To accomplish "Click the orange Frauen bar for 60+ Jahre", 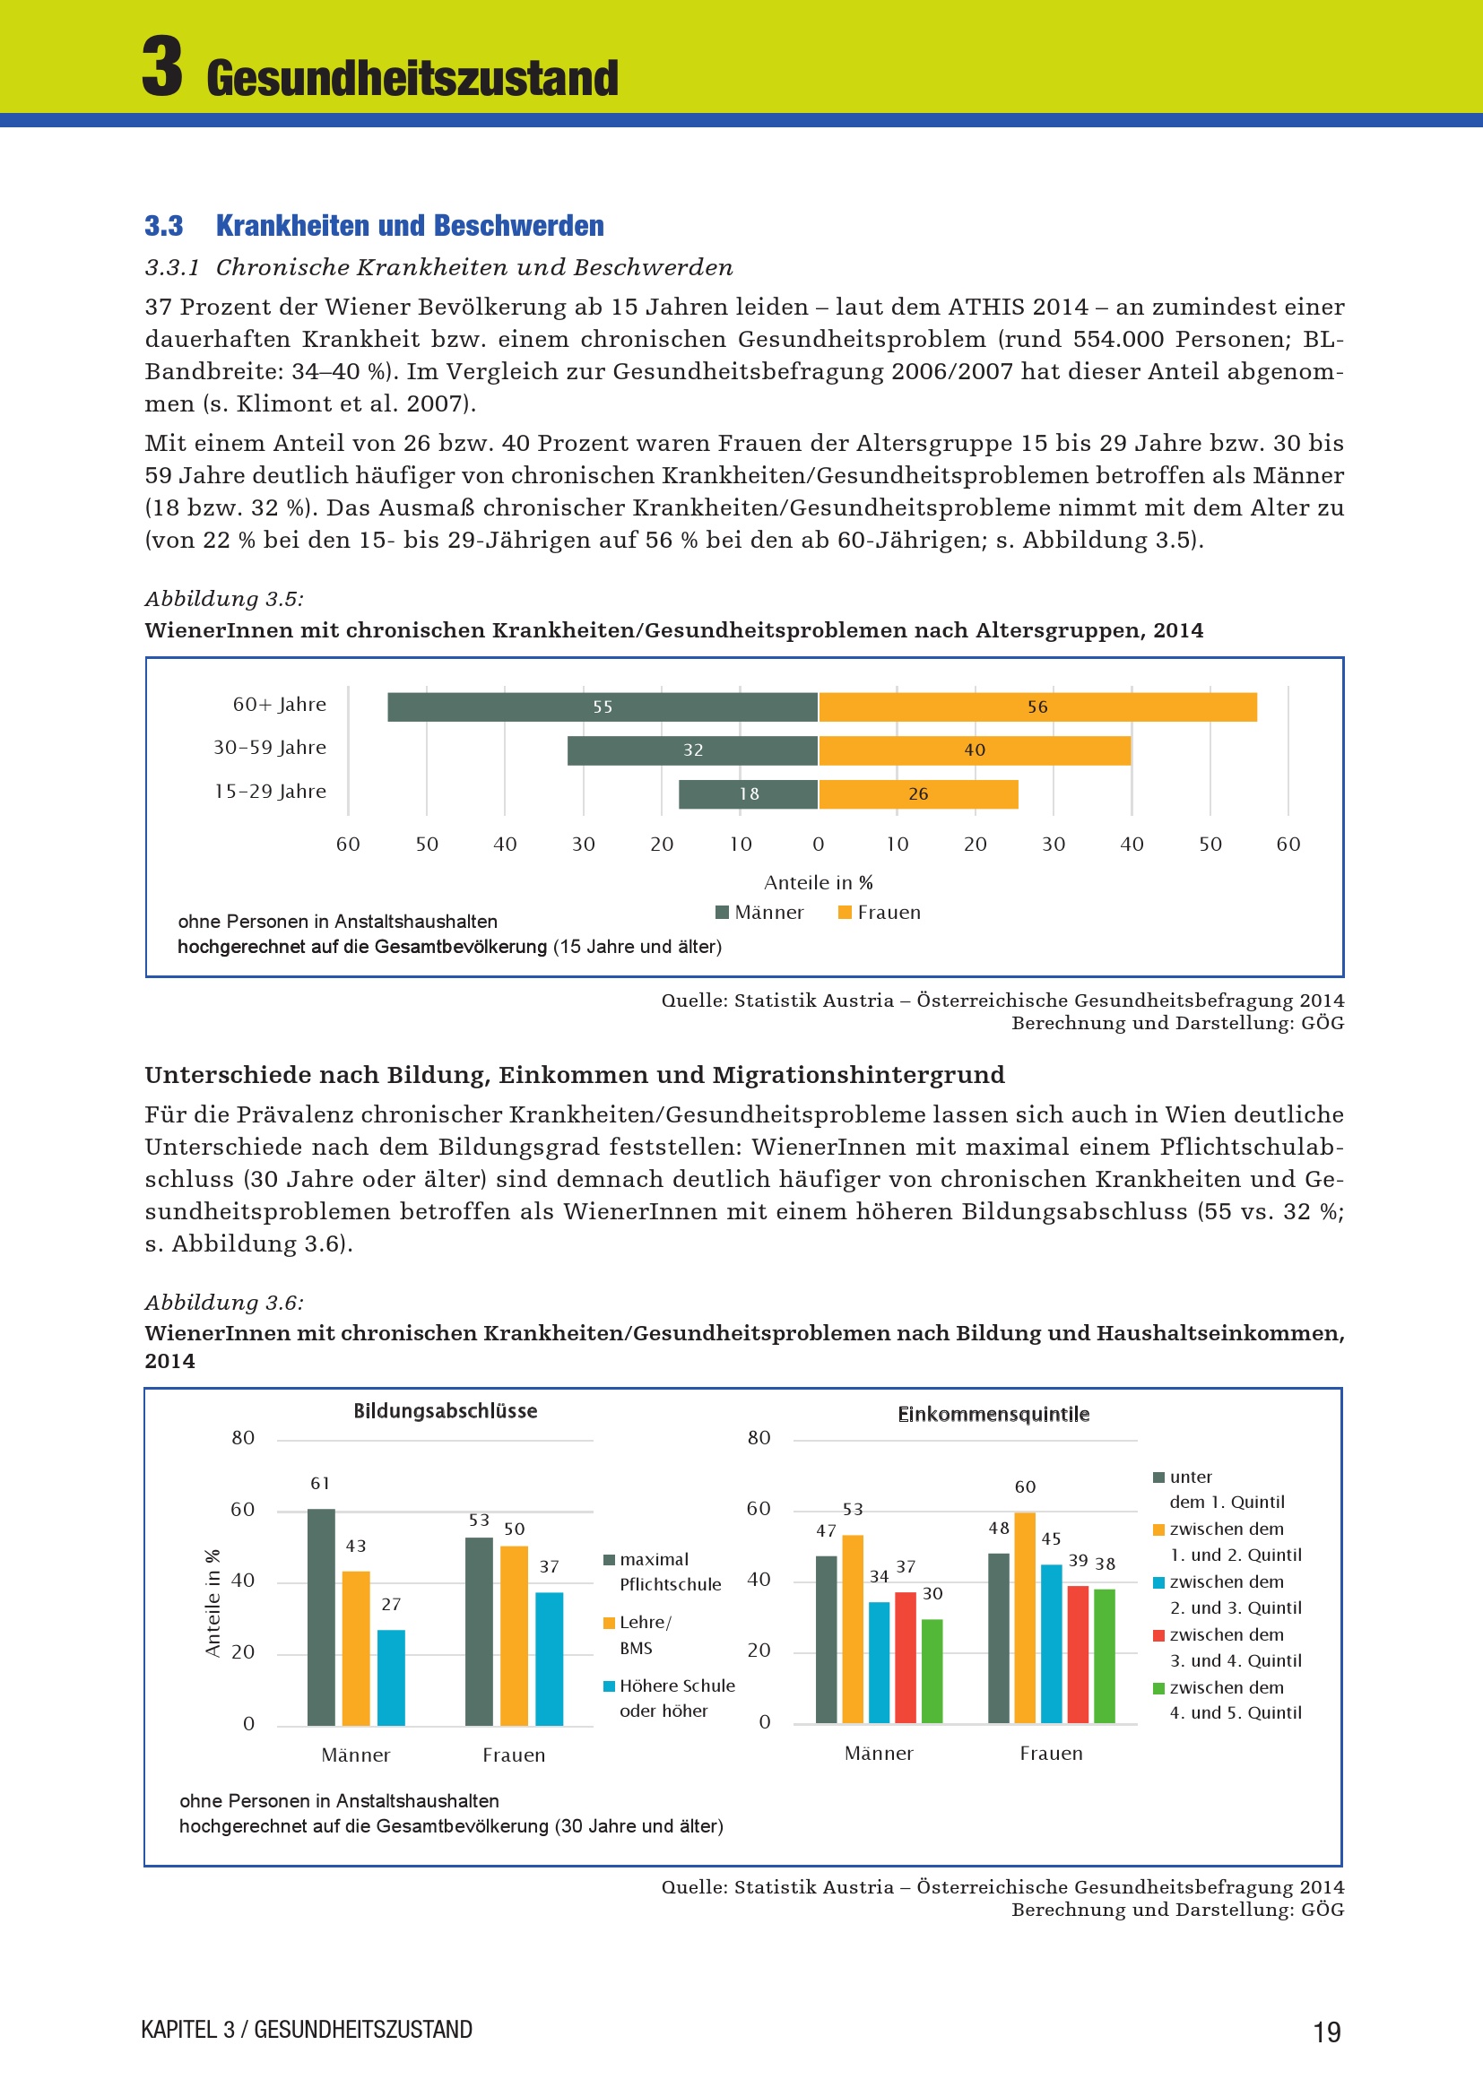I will click(x=1037, y=706).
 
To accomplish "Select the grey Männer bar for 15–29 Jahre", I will click(x=748, y=793).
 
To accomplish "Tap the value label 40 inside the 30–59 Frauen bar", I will click(x=975, y=750).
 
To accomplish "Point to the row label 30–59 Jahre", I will click(x=269, y=747).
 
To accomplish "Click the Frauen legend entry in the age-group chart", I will click(x=880, y=913).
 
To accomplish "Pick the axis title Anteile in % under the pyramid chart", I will click(x=819, y=882).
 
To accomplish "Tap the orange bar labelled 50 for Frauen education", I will click(x=514, y=1635).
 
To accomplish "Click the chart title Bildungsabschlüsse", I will click(x=446, y=1411).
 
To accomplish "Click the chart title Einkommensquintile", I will click(x=993, y=1415).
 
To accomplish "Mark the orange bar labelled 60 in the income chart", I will click(x=1025, y=1617).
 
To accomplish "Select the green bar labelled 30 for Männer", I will click(x=932, y=1670).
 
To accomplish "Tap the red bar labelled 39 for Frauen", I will click(x=1078, y=1654).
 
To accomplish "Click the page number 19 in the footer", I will click(x=1327, y=2032).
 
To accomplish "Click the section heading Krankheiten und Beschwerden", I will click(x=409, y=226).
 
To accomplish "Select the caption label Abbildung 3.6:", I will click(x=224, y=1303).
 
